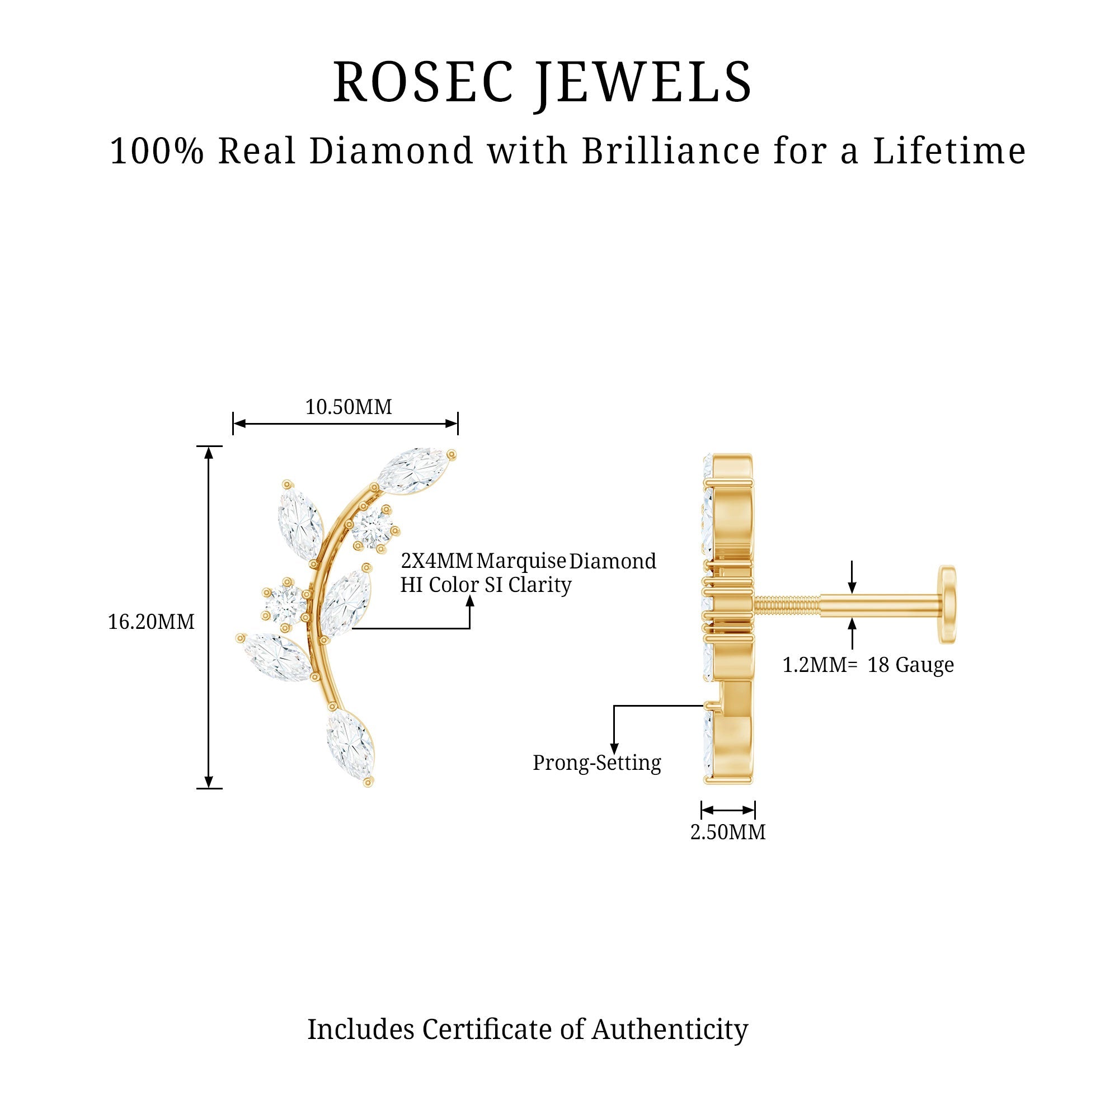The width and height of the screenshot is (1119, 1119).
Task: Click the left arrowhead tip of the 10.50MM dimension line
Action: coord(234,424)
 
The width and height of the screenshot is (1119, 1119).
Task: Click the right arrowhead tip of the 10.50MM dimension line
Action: coord(457,424)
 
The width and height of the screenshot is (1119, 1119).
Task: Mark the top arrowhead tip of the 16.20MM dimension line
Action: coord(209,447)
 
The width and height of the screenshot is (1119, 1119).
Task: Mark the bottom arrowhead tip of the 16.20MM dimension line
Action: coord(209,788)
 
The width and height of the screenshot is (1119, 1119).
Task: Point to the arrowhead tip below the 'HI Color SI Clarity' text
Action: coord(470,595)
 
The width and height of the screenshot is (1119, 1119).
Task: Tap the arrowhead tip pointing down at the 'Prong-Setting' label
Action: coord(614,754)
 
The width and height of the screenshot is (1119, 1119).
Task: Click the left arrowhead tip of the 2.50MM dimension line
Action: coord(702,810)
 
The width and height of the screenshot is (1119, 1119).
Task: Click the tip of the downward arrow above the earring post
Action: coord(852,594)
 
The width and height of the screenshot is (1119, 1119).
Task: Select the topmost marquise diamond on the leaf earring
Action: coord(414,471)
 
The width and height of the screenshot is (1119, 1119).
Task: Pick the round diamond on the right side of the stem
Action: coord(373,527)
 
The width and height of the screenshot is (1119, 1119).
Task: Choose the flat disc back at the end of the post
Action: coord(948,604)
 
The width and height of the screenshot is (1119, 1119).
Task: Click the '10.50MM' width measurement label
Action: coord(349,407)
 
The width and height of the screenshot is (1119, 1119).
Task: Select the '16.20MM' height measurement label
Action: coord(151,622)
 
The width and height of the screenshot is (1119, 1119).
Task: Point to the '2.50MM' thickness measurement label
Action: coord(728,833)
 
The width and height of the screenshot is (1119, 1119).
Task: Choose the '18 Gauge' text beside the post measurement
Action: coord(910,665)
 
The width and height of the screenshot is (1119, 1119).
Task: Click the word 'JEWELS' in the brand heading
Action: coord(642,83)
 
